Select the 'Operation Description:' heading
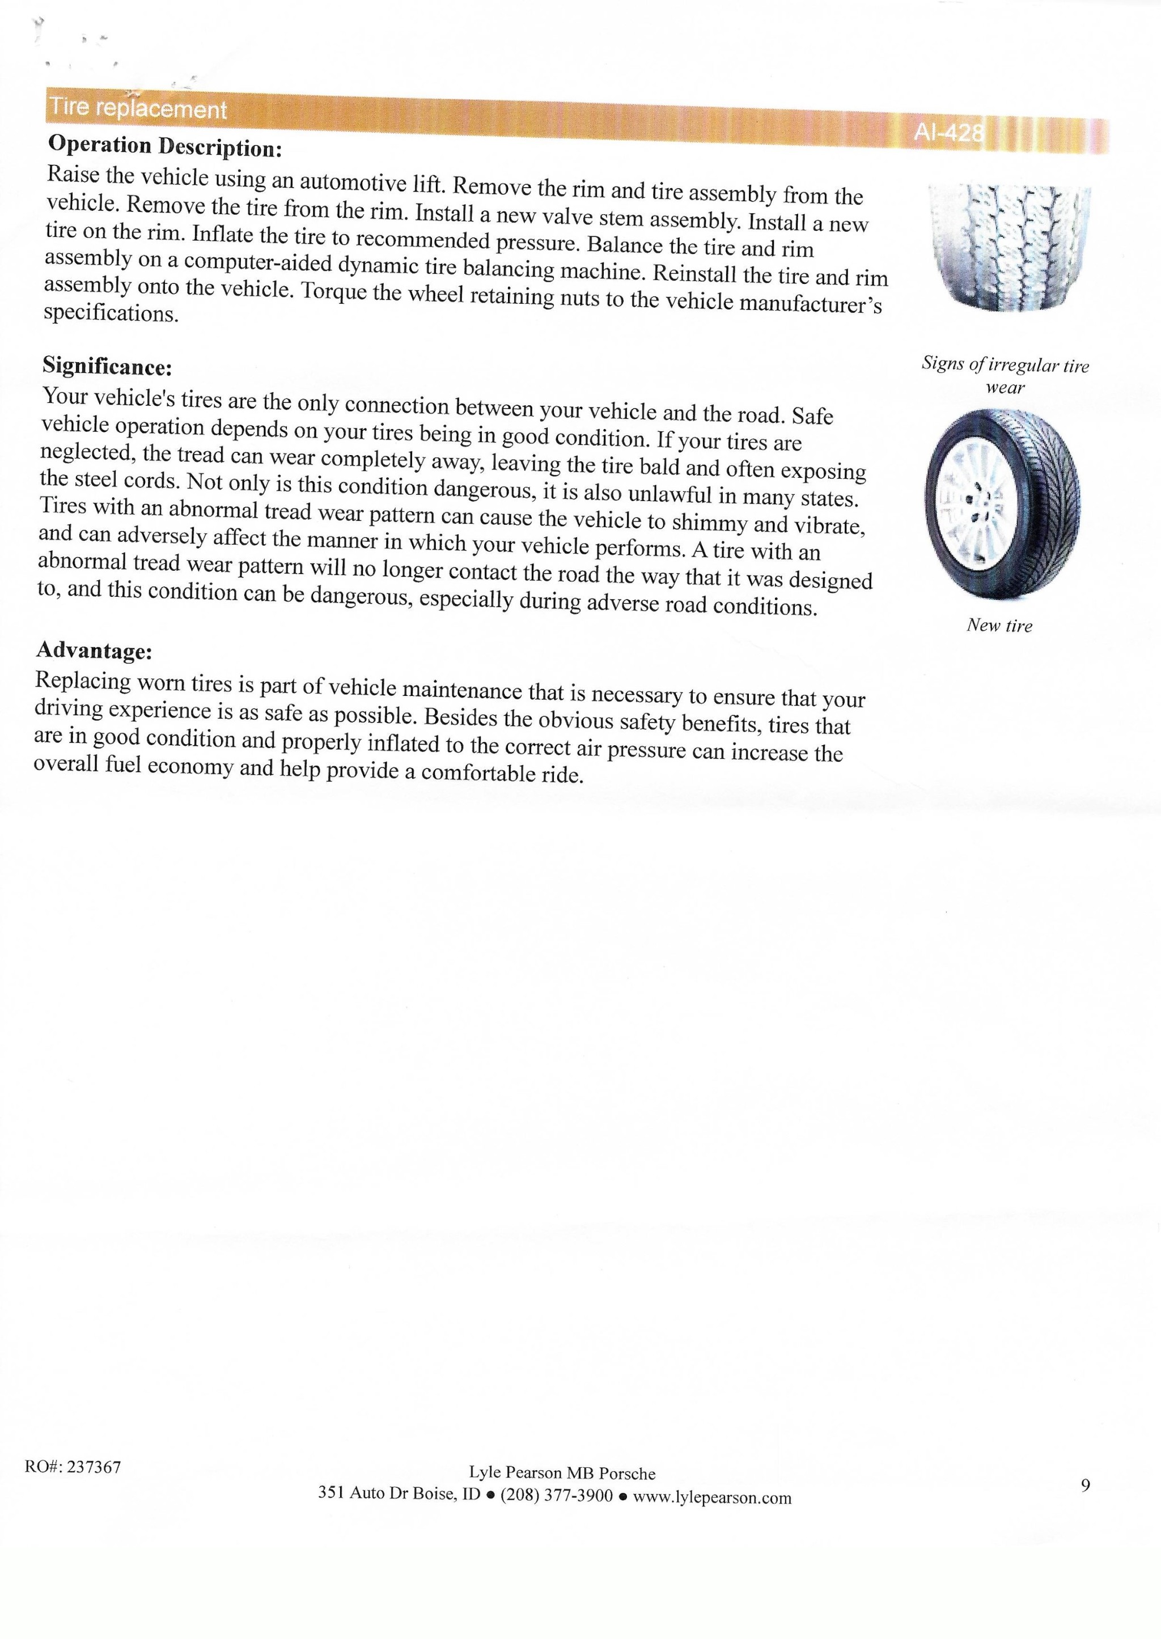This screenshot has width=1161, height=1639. (165, 147)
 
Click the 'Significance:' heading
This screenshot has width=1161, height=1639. (107, 367)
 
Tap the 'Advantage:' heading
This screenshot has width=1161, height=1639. (94, 651)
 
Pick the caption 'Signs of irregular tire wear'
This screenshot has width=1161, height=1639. (1005, 376)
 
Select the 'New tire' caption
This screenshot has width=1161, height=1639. (999, 626)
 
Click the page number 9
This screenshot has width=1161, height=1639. (1085, 1486)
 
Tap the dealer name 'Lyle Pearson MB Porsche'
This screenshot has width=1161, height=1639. (562, 1473)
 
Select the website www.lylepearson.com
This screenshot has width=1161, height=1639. (712, 1497)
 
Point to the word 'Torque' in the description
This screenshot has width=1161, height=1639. (336, 292)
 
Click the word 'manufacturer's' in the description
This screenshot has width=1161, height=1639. (811, 304)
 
